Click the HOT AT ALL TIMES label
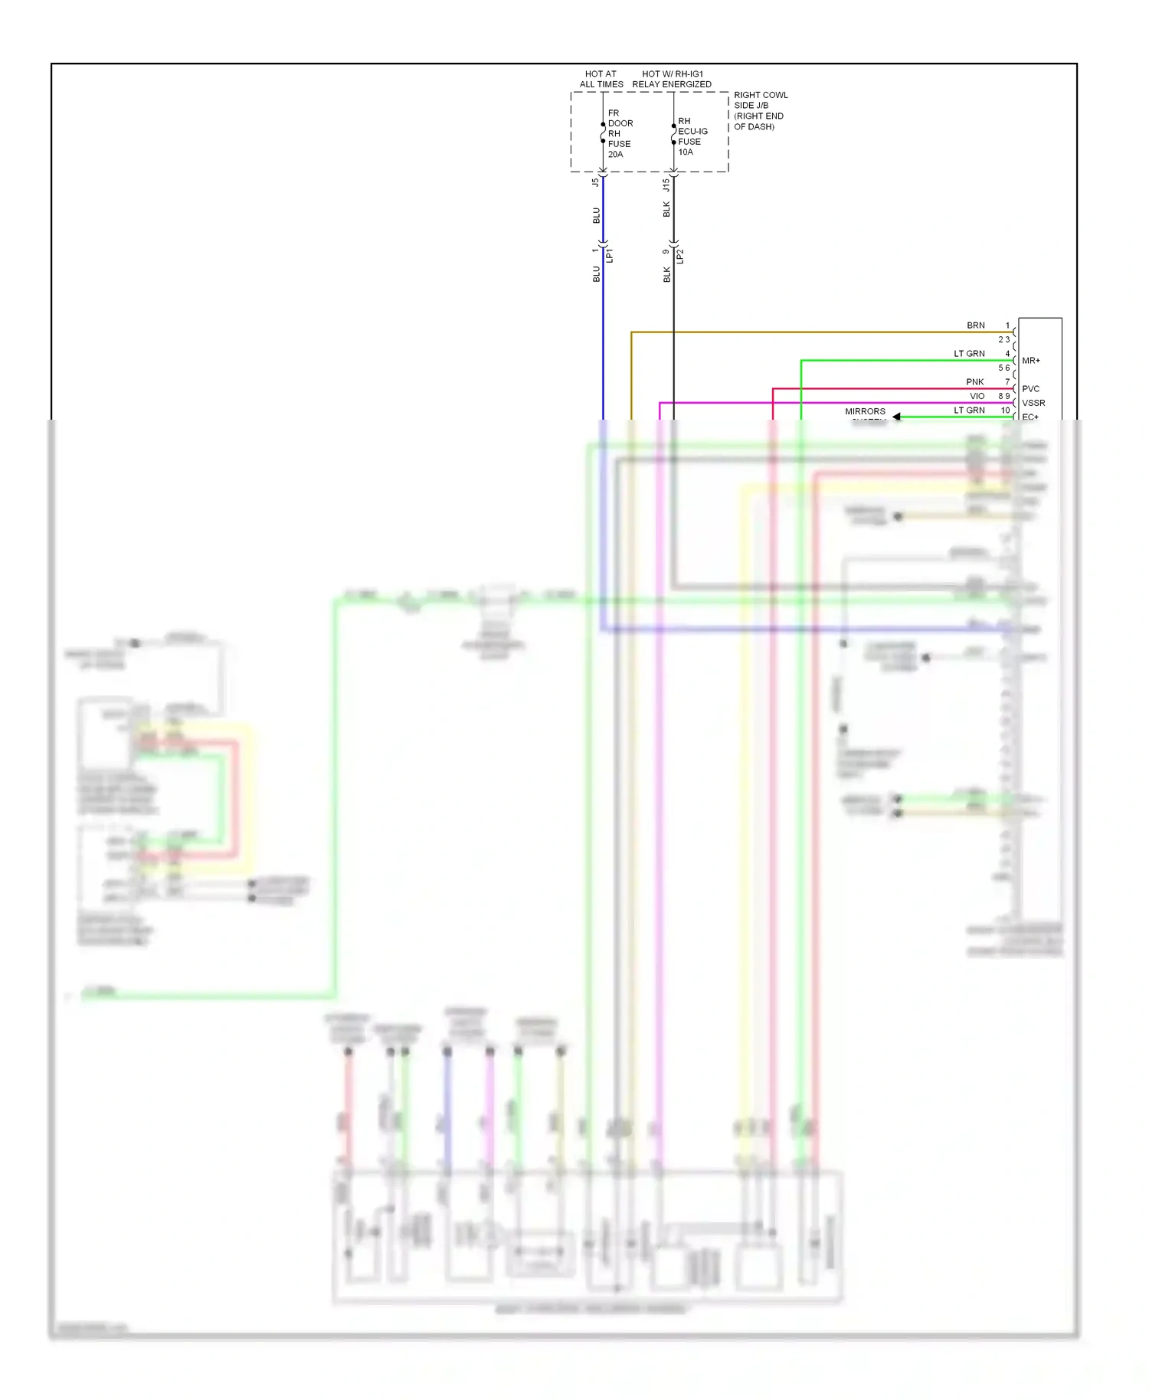tap(601, 79)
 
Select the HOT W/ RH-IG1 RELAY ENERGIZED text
tap(672, 79)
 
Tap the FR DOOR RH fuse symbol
tap(603, 132)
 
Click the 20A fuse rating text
tap(615, 155)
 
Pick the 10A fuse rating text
tap(685, 152)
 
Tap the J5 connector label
tap(595, 182)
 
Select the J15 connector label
tap(666, 185)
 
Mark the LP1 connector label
tap(610, 255)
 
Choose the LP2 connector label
tap(680, 256)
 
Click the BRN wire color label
tap(975, 325)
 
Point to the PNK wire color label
tap(974, 382)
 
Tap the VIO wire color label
tap(977, 396)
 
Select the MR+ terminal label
tap(1031, 361)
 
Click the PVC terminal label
tap(1030, 389)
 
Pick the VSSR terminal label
tap(1033, 403)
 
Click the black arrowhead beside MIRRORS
tap(896, 417)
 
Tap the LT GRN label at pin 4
tap(969, 354)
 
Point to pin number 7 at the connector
tap(1007, 382)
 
